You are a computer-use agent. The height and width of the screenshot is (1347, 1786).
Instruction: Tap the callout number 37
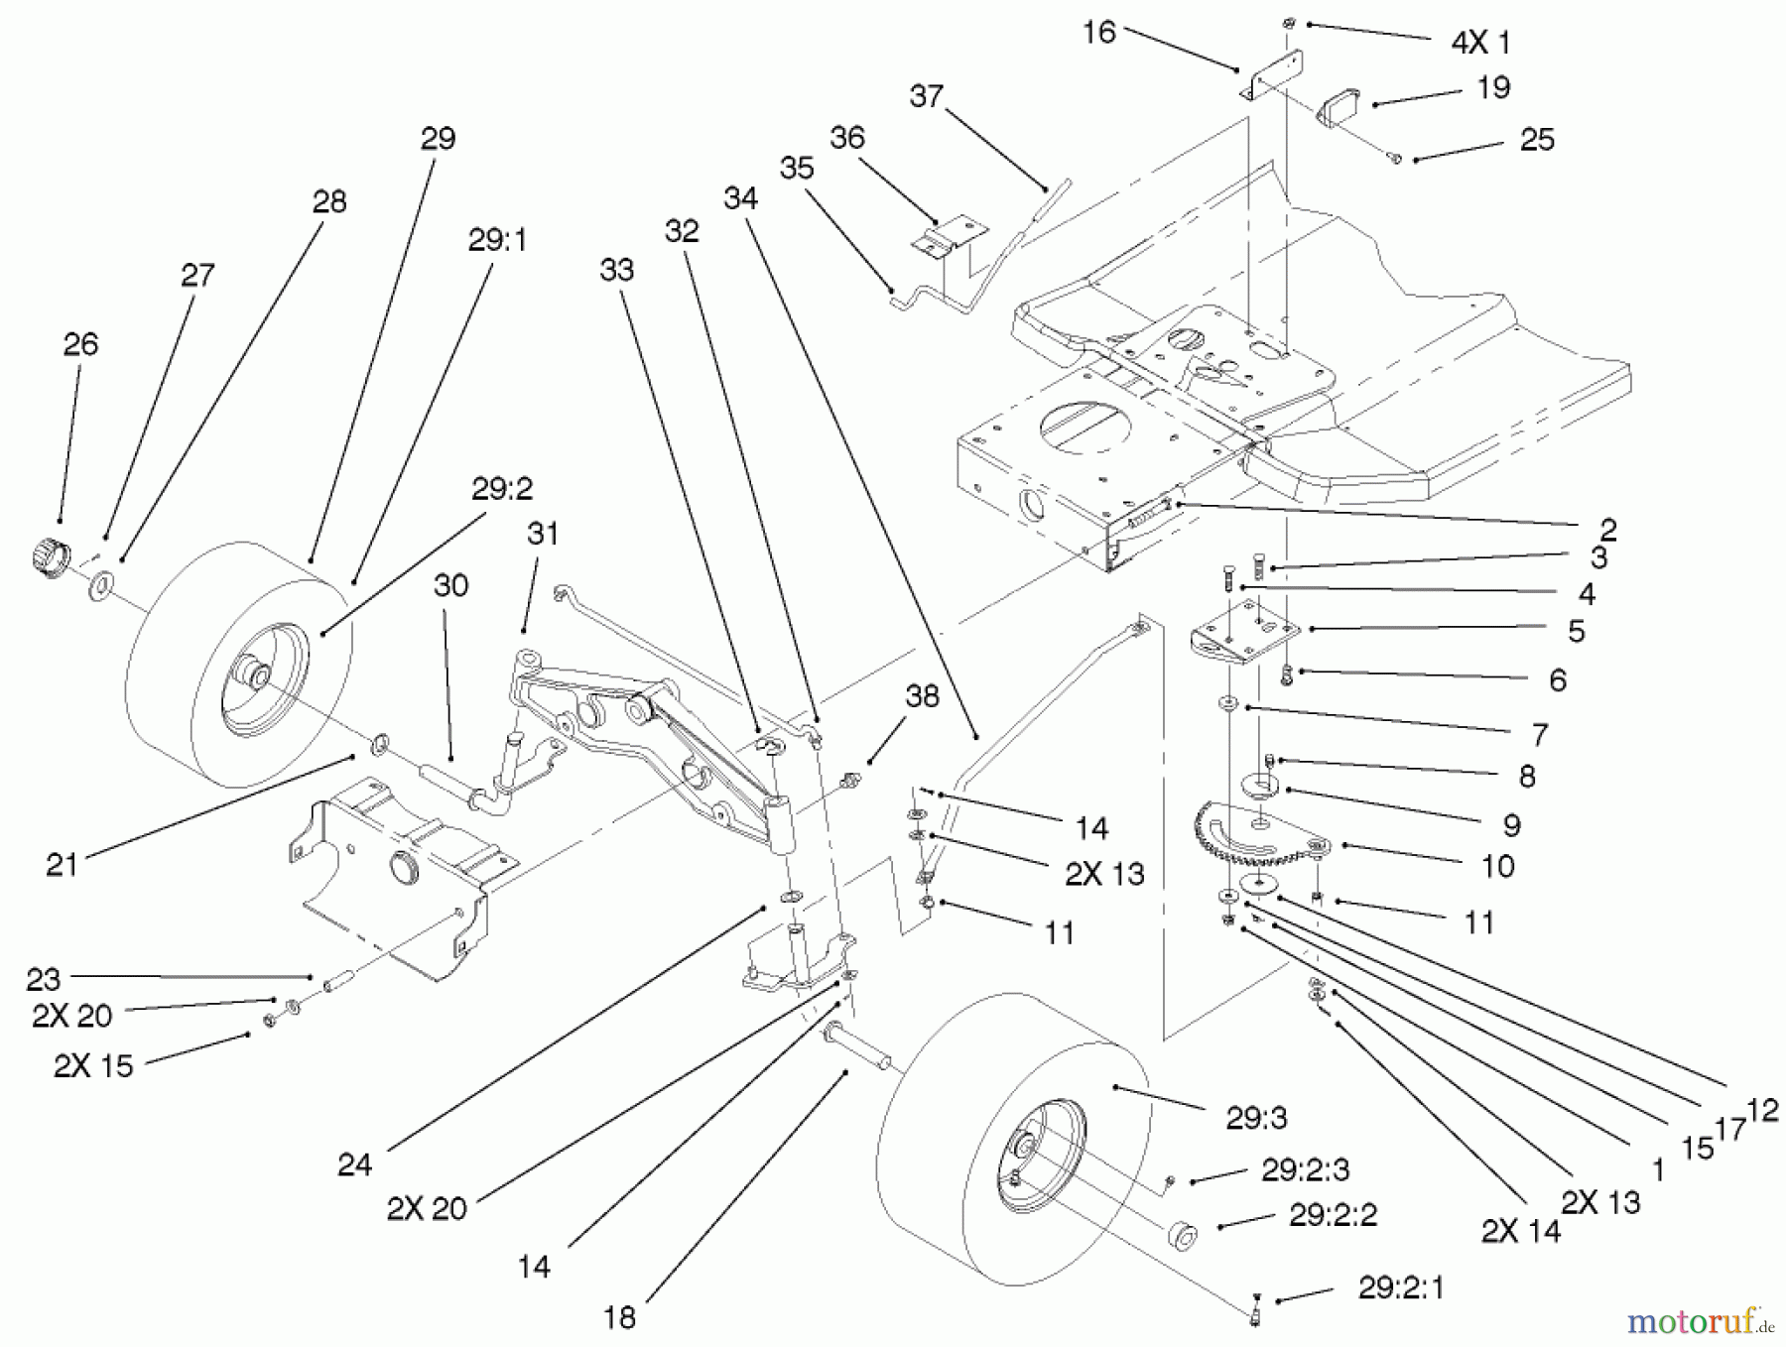[x=925, y=96]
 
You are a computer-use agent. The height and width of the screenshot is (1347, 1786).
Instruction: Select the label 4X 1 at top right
[x=1480, y=43]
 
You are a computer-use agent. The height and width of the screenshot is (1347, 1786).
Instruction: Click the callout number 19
[x=1493, y=87]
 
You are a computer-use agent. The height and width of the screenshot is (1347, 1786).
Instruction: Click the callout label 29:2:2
[x=1333, y=1215]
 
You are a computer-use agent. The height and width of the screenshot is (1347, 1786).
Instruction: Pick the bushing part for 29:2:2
[x=1183, y=1237]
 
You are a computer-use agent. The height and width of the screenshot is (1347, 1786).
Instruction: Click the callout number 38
[x=922, y=697]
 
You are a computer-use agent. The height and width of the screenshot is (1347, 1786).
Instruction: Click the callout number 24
[x=354, y=1164]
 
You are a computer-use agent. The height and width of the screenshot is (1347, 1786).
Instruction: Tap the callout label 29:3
[x=1256, y=1119]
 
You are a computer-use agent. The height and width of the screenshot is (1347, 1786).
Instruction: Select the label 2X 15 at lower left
[x=93, y=1065]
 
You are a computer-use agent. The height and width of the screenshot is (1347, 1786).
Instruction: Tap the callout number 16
[x=1098, y=33]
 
